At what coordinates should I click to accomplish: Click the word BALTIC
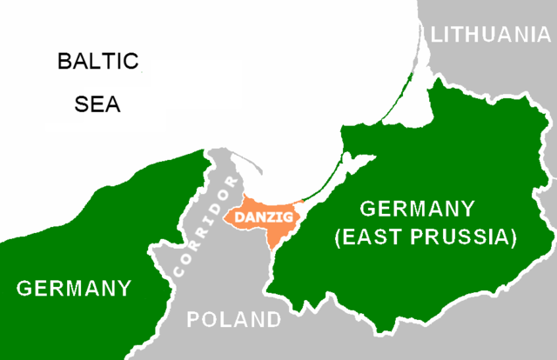97,63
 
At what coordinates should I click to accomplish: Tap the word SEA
97,105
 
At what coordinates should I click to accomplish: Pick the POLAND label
234,320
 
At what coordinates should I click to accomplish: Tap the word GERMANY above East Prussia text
418,209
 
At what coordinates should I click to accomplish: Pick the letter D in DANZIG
236,214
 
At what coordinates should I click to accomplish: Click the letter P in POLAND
194,320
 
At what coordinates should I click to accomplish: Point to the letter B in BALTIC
64,63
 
